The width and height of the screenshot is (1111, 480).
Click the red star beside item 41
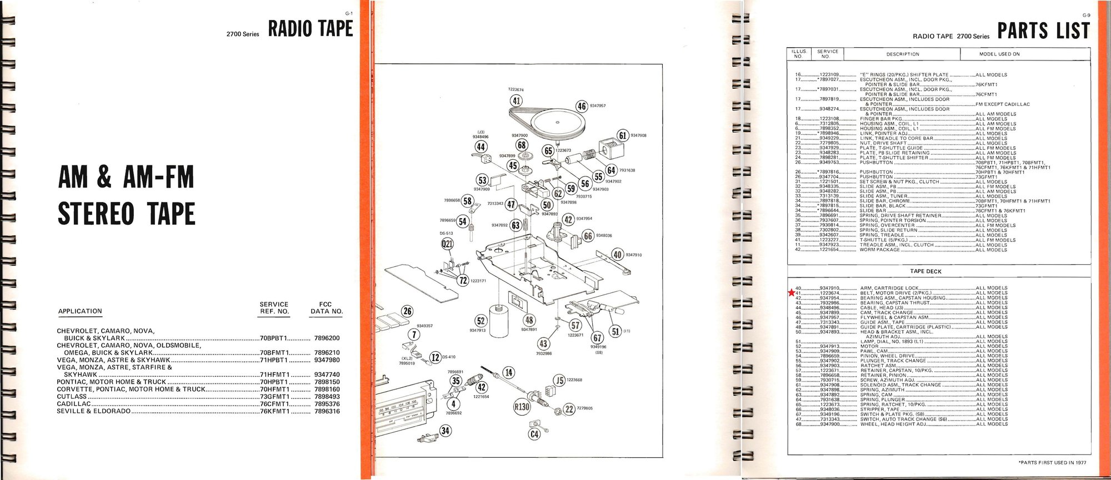(791, 292)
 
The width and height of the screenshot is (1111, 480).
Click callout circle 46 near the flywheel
(582, 106)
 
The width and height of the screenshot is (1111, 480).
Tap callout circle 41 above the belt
(517, 100)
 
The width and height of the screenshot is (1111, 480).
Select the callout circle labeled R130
(522, 407)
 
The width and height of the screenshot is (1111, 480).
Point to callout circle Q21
(447, 244)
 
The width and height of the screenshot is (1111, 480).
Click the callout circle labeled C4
(534, 434)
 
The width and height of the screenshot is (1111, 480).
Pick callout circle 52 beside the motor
(481, 321)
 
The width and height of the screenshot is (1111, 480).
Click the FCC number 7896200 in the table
(327, 338)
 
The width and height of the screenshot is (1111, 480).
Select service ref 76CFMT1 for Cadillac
(274, 404)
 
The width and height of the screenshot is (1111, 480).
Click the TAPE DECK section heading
(925, 271)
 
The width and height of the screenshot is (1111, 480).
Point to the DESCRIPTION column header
(902, 54)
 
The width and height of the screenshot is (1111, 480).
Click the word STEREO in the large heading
(96, 214)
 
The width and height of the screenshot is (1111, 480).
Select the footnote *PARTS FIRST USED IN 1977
(1052, 462)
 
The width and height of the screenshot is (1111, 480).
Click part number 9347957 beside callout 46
(598, 105)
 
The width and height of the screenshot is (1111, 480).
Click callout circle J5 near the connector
(559, 380)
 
